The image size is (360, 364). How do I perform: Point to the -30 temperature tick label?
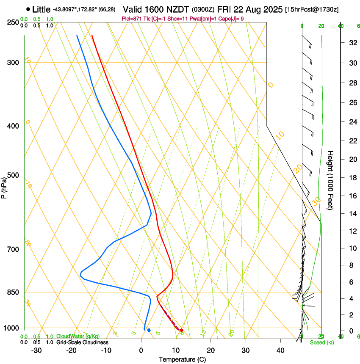(36, 350)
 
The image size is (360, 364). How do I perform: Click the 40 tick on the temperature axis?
(280, 350)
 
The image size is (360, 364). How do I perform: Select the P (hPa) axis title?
(4, 187)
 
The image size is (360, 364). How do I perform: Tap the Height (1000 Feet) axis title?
(330, 180)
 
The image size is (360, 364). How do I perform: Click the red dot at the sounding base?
(181, 330)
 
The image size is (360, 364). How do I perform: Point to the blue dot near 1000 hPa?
(149, 330)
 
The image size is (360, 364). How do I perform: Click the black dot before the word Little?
(28, 9)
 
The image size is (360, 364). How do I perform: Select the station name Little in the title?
(41, 9)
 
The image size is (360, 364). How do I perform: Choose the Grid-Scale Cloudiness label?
(82, 342)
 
